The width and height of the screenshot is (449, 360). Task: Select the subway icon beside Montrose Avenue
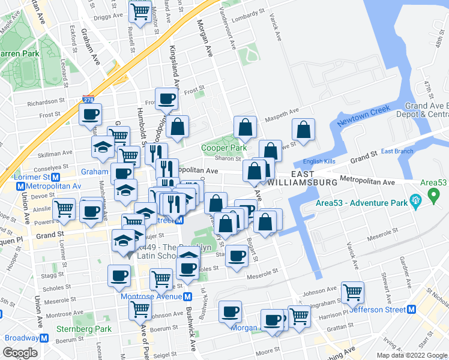click(188, 296)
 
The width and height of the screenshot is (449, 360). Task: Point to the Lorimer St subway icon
click(55, 178)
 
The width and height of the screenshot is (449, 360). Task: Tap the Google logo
click(20, 353)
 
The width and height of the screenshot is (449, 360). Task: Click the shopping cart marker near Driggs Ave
click(140, 11)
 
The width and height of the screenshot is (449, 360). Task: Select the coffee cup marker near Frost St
click(166, 99)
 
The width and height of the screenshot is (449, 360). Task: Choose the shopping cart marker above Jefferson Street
click(352, 293)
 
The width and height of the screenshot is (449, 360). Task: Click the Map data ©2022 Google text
click(411, 355)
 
